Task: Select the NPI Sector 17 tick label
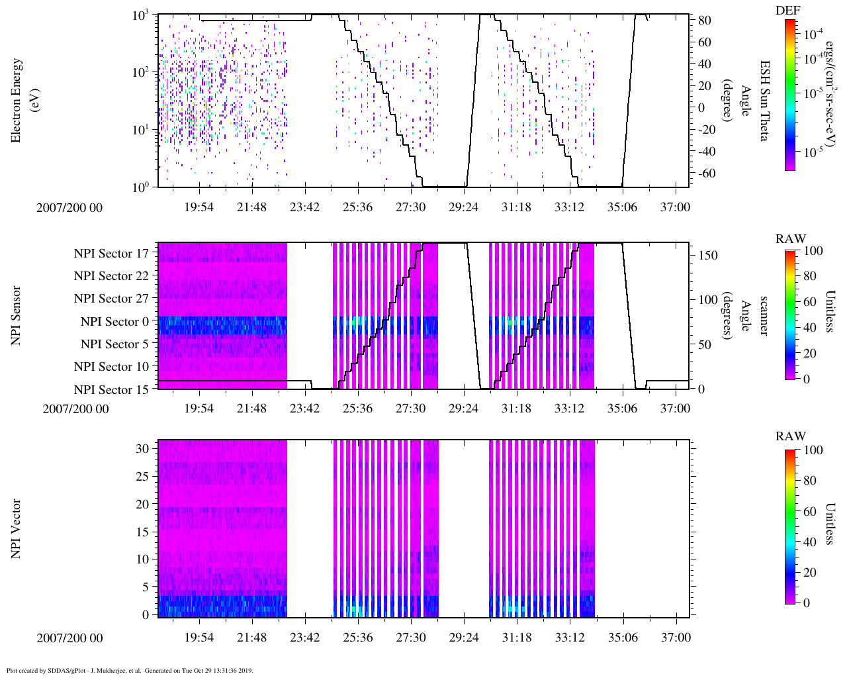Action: pyautogui.click(x=111, y=254)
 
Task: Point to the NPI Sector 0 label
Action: pyautogui.click(x=114, y=322)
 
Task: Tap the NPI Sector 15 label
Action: pyautogui.click(x=111, y=390)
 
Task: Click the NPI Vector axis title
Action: pyautogui.click(x=17, y=529)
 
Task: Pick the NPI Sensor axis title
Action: pyautogui.click(x=17, y=315)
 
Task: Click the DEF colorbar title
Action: pyautogui.click(x=789, y=11)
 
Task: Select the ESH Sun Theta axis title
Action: pyautogui.click(x=764, y=100)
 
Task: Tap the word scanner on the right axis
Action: pyautogui.click(x=764, y=315)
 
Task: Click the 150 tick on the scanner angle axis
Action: pyautogui.click(x=708, y=256)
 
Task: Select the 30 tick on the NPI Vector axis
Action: pyautogui.click(x=142, y=448)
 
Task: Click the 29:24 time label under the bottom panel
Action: pyautogui.click(x=463, y=638)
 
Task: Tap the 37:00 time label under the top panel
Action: pyautogui.click(x=675, y=207)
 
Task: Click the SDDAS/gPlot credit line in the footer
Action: pyautogui.click(x=130, y=671)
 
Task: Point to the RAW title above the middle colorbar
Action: pyautogui.click(x=791, y=239)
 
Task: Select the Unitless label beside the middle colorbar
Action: pyautogui.click(x=831, y=311)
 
